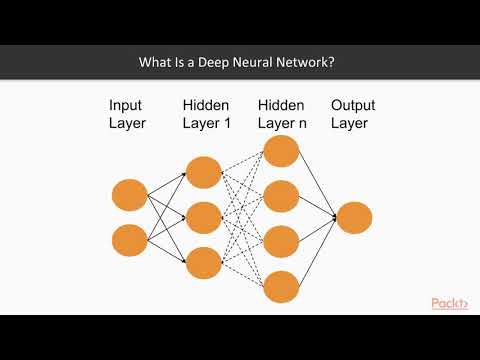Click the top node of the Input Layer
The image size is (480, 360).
point(130,193)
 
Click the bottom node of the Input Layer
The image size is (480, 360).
point(130,240)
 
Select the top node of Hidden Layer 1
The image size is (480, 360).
point(203,170)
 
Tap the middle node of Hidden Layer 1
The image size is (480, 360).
point(203,216)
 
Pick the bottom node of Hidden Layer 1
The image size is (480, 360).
point(203,261)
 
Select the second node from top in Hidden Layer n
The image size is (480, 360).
point(280,195)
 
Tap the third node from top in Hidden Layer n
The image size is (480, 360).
point(280,240)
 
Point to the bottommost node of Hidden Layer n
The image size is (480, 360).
point(280,285)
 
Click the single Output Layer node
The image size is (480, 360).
point(354,217)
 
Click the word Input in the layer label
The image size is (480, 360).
point(127,104)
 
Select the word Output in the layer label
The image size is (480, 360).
point(354,104)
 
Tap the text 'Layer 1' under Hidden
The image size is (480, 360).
point(207,123)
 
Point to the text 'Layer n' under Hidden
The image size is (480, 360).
point(282,123)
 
